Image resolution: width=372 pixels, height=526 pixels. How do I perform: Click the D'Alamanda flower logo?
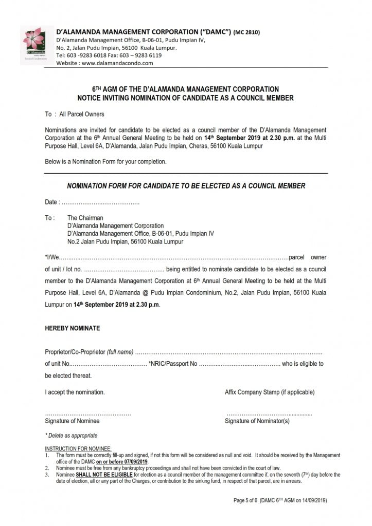tap(34, 45)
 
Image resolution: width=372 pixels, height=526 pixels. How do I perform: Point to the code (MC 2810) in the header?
tap(246, 32)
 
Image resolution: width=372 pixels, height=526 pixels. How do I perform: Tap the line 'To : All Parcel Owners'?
tap(75, 114)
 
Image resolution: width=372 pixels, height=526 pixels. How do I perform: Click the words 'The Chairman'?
tap(85, 218)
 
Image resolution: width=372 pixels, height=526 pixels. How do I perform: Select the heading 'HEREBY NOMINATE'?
tap(73, 328)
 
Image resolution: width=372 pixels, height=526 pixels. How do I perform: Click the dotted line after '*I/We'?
tap(175, 257)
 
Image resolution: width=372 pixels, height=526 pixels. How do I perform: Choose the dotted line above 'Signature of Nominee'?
tap(88, 414)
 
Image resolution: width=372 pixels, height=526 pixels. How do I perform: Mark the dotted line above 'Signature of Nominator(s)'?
tap(269, 414)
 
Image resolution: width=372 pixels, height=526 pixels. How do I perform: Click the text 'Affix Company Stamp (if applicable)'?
tap(270, 392)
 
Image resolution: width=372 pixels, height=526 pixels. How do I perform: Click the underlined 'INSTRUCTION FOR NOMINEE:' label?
tap(78, 449)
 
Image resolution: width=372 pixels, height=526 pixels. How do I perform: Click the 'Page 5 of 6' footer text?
tap(246, 500)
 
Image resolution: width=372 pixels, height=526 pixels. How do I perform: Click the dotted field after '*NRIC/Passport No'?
tap(239, 364)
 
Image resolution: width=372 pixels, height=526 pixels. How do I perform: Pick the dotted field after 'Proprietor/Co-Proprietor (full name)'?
tap(229, 352)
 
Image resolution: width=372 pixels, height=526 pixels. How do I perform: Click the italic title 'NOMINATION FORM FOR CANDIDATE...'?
tap(186, 186)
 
